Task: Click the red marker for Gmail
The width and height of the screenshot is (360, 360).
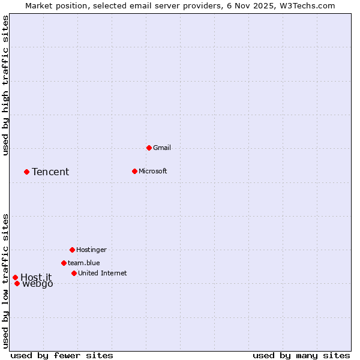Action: [149, 148]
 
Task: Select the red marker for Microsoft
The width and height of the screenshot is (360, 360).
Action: [134, 171]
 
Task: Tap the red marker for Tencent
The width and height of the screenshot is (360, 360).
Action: [26, 172]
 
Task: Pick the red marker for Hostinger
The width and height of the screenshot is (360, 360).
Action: [72, 250]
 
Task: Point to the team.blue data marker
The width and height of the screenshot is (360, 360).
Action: [64, 263]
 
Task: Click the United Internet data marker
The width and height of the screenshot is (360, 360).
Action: [74, 273]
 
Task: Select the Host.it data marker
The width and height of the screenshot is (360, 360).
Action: [15, 277]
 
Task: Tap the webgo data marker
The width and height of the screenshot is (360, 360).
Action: [17, 283]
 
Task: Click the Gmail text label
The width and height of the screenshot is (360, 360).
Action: [162, 148]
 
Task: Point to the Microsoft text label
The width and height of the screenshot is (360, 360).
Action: [152, 171]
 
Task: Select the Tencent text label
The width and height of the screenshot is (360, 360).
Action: [50, 172]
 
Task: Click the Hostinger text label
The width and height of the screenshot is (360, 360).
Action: [91, 250]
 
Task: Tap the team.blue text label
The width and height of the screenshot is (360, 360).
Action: [83, 263]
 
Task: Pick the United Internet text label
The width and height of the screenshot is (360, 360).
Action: [102, 273]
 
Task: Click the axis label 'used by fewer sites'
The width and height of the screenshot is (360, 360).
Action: [62, 355]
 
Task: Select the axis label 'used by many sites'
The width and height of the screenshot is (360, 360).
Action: [301, 355]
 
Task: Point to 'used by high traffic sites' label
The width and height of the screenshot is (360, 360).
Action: [5, 85]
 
